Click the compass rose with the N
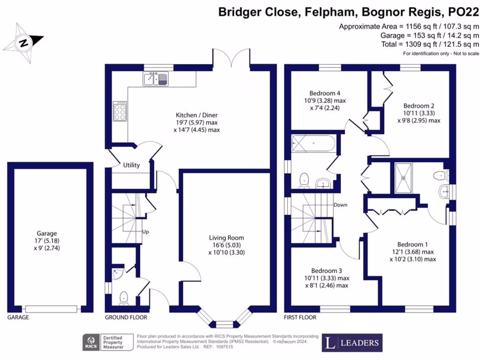[x=23, y=42]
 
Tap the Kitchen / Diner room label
[x=196, y=115]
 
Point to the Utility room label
[x=132, y=165]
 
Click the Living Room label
[x=226, y=238]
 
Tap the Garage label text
[x=46, y=233]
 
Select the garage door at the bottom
[x=52, y=308]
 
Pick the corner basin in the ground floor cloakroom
[x=116, y=273]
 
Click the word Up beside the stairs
[x=146, y=232]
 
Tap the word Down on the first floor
[x=340, y=205]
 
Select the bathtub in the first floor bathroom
[x=313, y=142]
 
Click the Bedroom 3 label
[x=326, y=270]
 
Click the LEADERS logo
[x=352, y=343]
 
